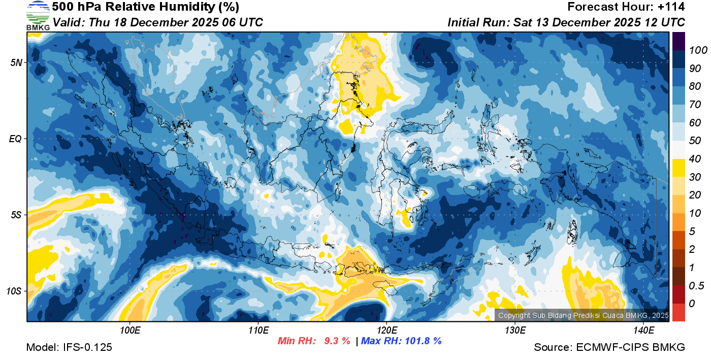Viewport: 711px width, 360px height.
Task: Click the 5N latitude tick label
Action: point(16,62)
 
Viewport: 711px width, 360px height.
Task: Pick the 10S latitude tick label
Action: point(14,291)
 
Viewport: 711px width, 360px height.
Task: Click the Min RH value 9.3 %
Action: point(337,341)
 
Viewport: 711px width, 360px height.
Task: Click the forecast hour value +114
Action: point(672,7)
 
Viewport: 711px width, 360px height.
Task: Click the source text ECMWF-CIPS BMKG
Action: point(630,347)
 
